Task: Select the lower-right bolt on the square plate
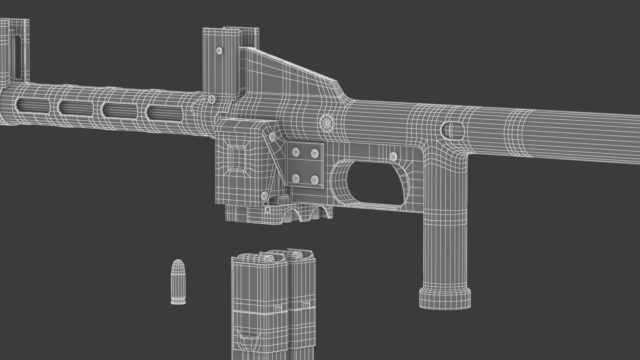(x=314, y=180)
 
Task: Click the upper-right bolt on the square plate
(x=314, y=153)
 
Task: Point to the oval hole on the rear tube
(x=453, y=131)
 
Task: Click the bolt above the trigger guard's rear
(x=393, y=156)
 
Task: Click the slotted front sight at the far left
(x=15, y=51)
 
